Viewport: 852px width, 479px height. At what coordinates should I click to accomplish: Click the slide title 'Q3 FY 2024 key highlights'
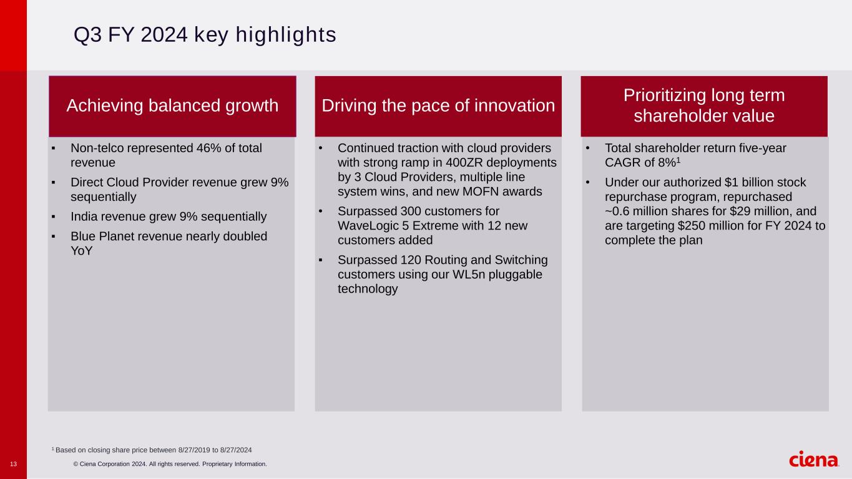(x=205, y=36)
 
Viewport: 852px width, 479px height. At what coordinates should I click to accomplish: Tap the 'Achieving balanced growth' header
(x=172, y=106)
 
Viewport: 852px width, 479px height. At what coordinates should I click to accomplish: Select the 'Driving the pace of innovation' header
(x=438, y=106)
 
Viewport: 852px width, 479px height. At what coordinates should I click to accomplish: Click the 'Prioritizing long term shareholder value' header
(x=704, y=106)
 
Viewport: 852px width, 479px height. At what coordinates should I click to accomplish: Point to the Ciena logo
(x=814, y=460)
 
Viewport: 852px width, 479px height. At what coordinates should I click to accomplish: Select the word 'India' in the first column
(x=84, y=216)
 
